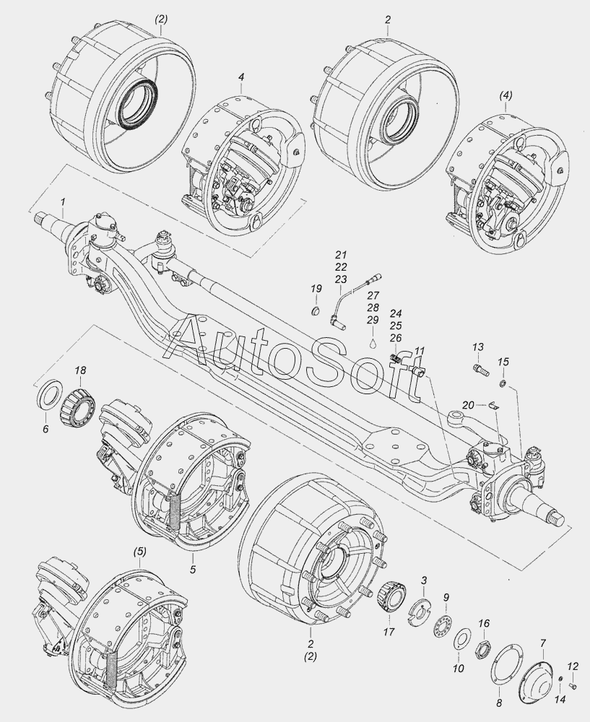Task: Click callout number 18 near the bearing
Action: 81,370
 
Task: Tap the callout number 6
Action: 45,429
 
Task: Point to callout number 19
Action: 316,290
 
